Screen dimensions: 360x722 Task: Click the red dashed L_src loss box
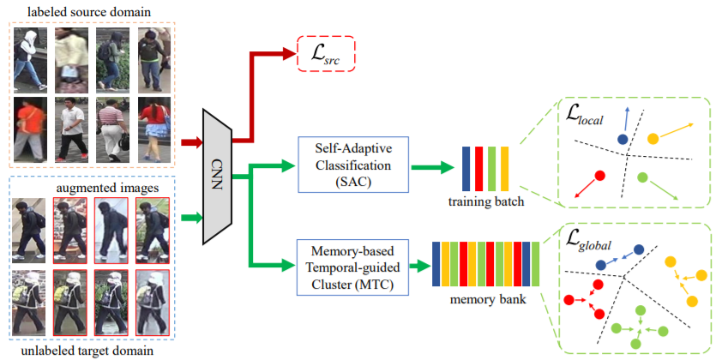pyautogui.click(x=326, y=57)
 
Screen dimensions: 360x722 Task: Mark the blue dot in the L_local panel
pyautogui.click(x=622, y=138)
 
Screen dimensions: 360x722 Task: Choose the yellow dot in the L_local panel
pyautogui.click(x=653, y=138)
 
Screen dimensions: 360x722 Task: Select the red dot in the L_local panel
pyautogui.click(x=600, y=176)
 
